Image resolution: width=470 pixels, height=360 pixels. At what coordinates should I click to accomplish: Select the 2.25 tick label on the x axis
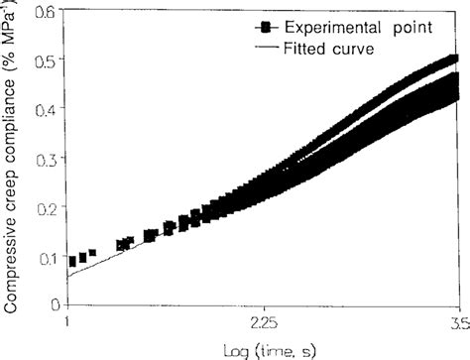(x=262, y=322)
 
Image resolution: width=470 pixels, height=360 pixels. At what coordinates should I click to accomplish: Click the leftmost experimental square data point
(x=72, y=261)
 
